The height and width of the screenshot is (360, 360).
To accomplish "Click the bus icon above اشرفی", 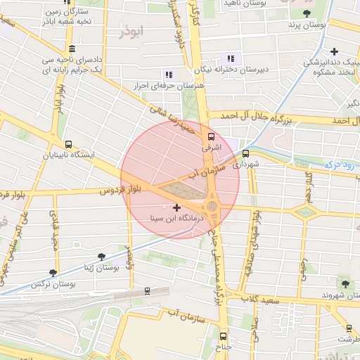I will pos(210,137).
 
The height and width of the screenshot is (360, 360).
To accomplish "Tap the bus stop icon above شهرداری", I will pos(245,153).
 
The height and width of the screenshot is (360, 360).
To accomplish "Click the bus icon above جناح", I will pos(223,336).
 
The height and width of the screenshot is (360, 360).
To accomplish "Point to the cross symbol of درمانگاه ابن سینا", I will pos(175,207).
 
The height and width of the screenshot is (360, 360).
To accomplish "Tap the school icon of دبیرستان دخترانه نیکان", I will pos(230,59).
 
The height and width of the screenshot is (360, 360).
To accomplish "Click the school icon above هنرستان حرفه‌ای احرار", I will pos(167,74).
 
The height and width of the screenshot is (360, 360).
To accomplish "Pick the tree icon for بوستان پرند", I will pos(306,13).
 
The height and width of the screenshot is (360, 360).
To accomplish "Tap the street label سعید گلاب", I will pos(264,301).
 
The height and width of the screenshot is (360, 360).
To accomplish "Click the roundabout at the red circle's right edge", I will pos(212,206).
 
